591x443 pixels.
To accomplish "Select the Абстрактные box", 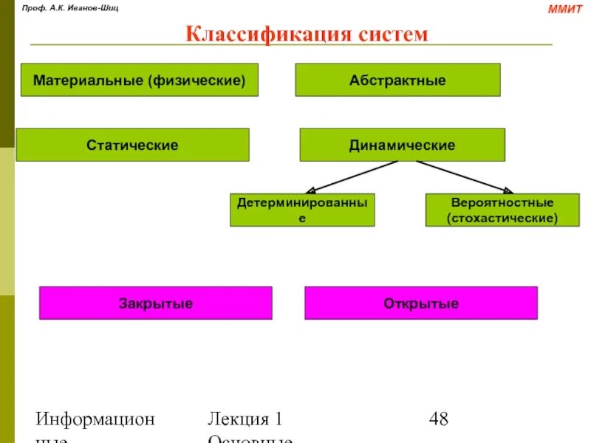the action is tap(397, 80).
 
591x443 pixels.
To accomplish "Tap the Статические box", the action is tap(132, 145).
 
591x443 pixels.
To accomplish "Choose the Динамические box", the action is tap(402, 145).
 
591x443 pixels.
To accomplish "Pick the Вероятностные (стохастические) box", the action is tap(502, 210).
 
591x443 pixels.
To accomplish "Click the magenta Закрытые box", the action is tap(155, 303).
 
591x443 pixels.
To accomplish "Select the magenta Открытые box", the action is tap(420, 303).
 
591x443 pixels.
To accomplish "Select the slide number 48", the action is tap(438, 419).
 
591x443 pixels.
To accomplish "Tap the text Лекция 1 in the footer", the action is tap(245, 419).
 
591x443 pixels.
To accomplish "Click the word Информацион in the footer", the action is tap(96, 419).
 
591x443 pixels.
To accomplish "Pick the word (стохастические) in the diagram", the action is tap(502, 219).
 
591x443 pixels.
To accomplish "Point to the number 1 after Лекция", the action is tap(279, 419).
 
